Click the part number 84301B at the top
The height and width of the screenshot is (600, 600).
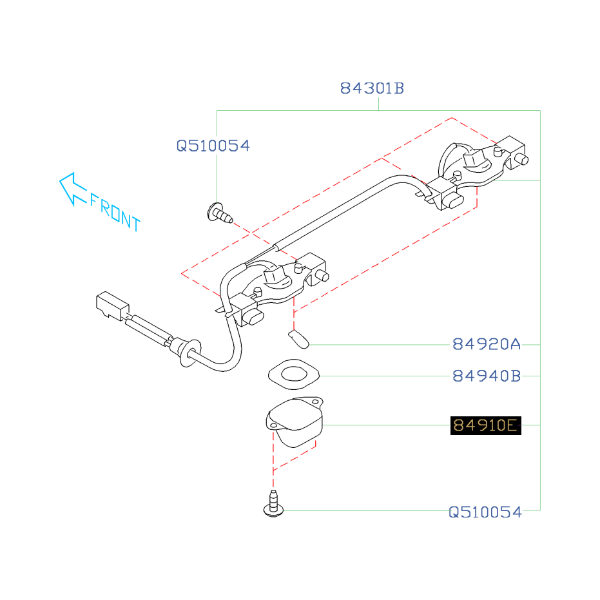372,88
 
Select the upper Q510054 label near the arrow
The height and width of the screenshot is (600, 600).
213,146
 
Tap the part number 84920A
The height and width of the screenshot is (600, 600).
486,344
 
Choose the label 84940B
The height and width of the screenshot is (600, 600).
486,375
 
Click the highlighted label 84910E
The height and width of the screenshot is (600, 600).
485,425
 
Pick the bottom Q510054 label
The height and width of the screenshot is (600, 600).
485,512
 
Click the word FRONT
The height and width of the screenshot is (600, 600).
115,212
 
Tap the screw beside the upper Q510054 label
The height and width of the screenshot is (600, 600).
219,213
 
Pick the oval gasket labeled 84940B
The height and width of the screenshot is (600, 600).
293,374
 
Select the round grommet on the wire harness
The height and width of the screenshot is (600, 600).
185,352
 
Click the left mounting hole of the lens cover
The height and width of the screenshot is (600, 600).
273,425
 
